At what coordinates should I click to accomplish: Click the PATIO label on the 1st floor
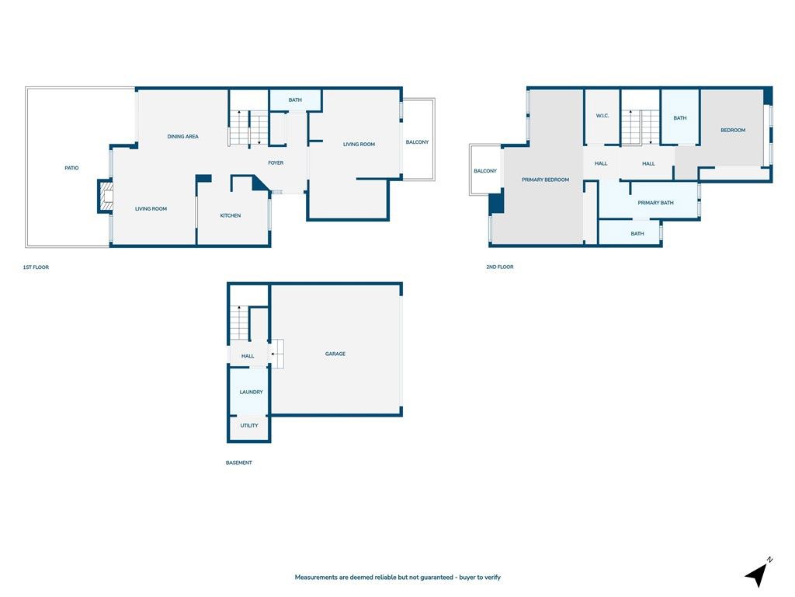[x=71, y=168]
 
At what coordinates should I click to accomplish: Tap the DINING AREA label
[x=183, y=137]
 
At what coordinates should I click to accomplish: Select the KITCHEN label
[x=231, y=215]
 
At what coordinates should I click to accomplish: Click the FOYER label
[x=276, y=163]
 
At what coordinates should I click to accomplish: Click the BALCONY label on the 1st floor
[x=417, y=142]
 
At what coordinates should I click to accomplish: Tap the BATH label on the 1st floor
[x=295, y=100]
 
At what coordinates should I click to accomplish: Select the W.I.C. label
[x=602, y=116]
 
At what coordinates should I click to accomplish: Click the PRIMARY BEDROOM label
[x=545, y=180]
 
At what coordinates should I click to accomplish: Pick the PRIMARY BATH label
[x=655, y=203]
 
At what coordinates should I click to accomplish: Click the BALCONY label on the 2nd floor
[x=485, y=171]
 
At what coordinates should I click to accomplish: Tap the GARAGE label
[x=335, y=354]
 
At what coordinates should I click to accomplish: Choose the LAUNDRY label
[x=251, y=392]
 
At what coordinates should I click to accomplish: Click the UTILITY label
[x=249, y=425]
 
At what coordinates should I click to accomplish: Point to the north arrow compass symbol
[x=758, y=573]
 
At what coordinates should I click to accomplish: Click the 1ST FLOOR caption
[x=36, y=267]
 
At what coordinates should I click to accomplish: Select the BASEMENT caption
[x=239, y=463]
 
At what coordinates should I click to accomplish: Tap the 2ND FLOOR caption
[x=499, y=267]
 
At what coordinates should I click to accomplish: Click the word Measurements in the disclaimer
[x=316, y=578]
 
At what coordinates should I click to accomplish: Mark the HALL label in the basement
[x=248, y=356]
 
